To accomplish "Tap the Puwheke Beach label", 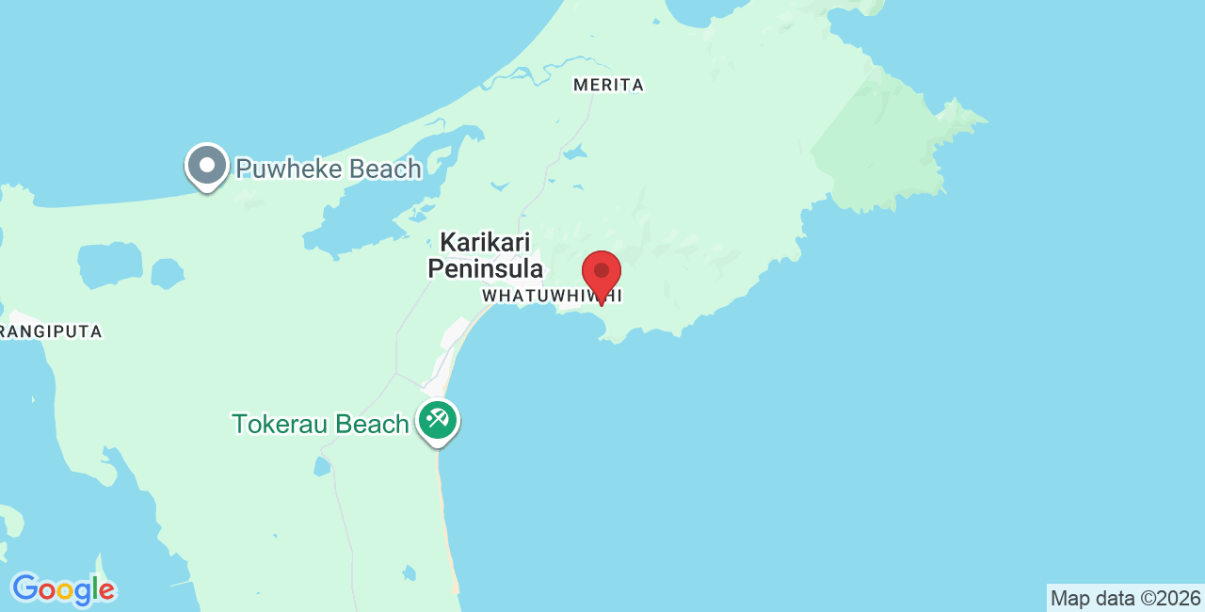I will coord(328,169).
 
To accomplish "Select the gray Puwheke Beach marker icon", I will coord(207,167).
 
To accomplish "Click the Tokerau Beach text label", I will coord(320,425).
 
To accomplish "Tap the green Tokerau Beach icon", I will coord(438,419).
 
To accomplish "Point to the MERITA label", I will coord(609,85).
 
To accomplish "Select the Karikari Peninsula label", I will coord(485,255).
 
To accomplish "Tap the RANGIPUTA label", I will coord(51,331).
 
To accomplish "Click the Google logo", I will coord(63,590).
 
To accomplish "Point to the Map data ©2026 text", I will coord(1125,598).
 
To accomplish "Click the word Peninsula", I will coord(485,269).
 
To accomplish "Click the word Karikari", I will coord(485,242).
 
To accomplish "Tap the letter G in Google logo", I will coord(25,588).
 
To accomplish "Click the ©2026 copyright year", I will coord(1170,598).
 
